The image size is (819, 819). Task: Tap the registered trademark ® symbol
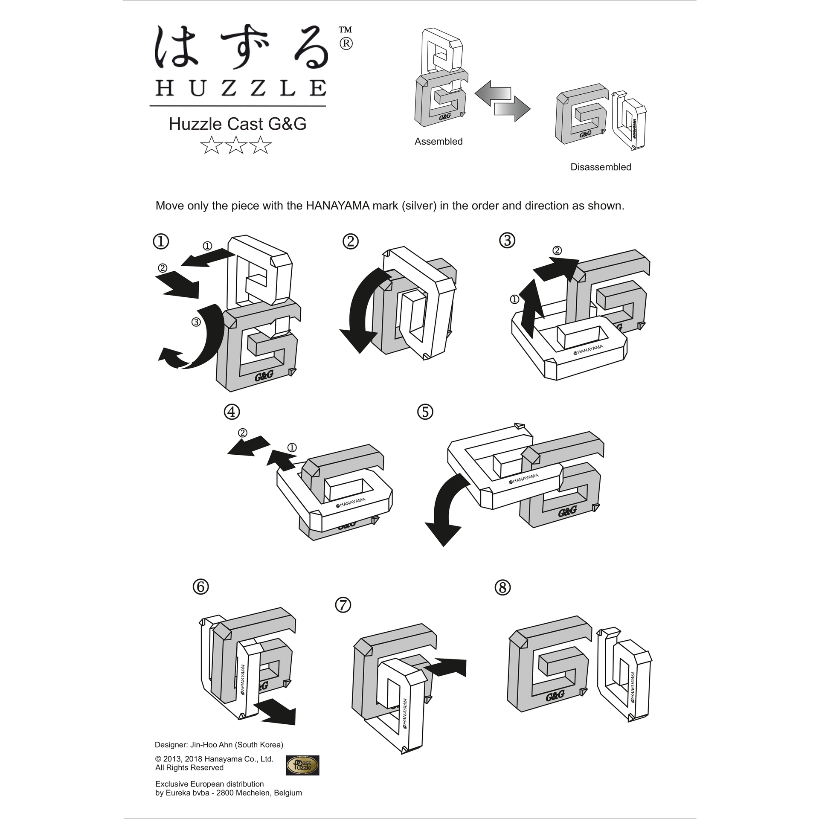pos(346,44)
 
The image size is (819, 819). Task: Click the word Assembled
pos(439,142)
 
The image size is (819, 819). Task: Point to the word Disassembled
pos(601,167)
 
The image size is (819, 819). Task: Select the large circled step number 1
pos(161,242)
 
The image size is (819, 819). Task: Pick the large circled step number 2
pos(351,241)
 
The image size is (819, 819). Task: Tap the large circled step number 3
pos(507,241)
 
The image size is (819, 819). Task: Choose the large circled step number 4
pos(232,412)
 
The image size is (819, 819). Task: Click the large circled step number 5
pos(425,412)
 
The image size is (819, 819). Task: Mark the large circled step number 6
pos(201,587)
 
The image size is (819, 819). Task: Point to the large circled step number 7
pos(343,605)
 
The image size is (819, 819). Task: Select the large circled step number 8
pos(502,588)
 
